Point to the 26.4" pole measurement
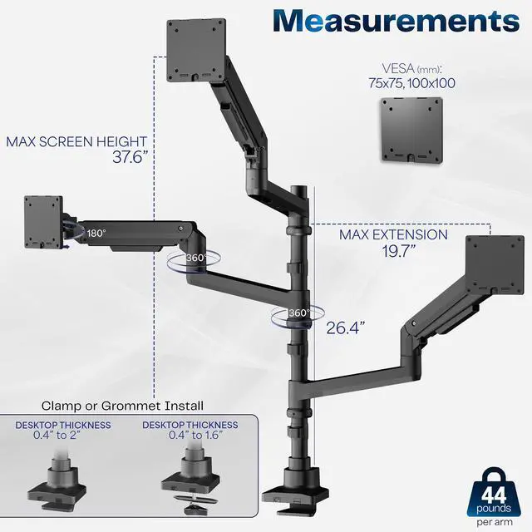[344, 328]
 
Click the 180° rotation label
[96, 234]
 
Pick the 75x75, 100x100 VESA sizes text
[411, 83]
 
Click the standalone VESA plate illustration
[411, 131]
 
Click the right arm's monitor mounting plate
[495, 266]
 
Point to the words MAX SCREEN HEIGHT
[76, 142]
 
